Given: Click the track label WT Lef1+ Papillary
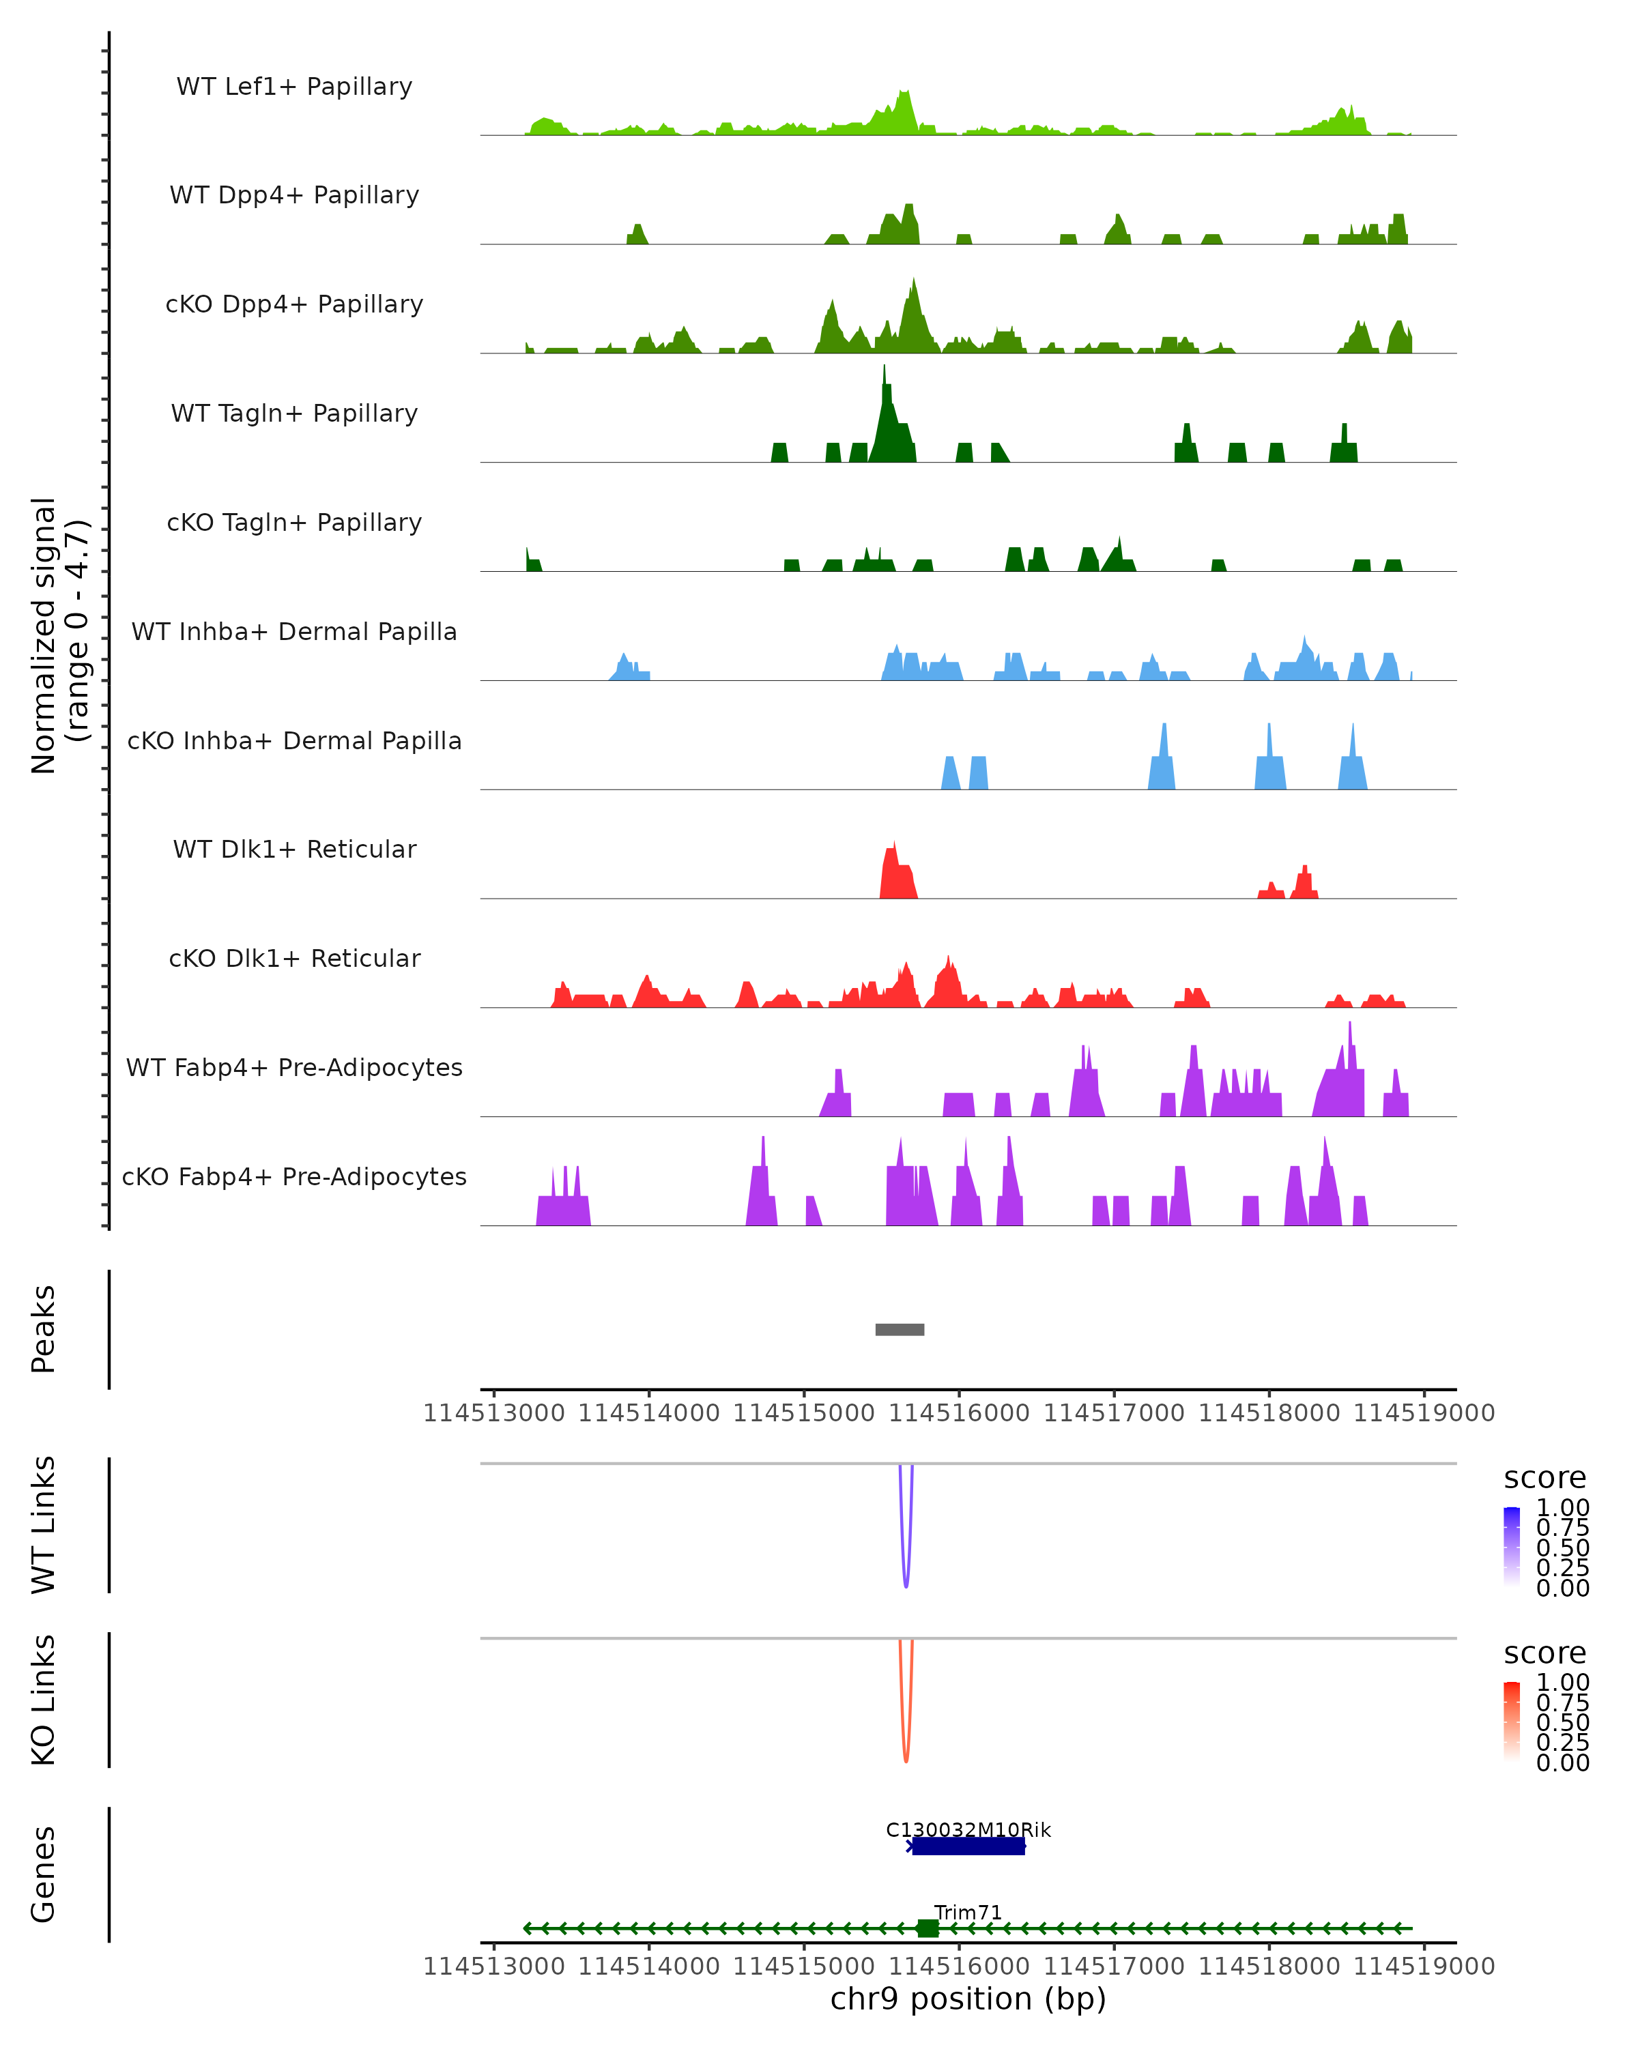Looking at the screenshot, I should (x=294, y=87).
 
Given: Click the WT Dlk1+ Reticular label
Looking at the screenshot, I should (x=294, y=849).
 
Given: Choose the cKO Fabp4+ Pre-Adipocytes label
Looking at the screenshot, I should (x=294, y=1176).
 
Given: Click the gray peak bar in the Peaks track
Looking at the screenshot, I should (x=900, y=1329).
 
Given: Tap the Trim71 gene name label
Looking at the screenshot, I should (x=968, y=1912).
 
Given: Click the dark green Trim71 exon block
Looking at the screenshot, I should (x=928, y=1928).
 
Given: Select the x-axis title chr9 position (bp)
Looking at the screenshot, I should (x=968, y=1999).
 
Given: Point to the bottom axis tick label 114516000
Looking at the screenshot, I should (x=958, y=1966).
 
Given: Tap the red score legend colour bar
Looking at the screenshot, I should (x=1512, y=1722).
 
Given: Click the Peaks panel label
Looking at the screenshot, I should (x=44, y=1329).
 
